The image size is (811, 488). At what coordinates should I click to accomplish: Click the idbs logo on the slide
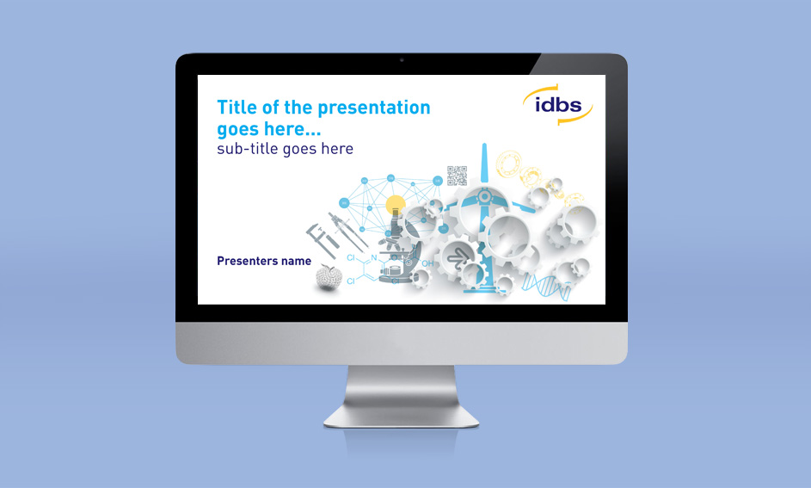pos(557,104)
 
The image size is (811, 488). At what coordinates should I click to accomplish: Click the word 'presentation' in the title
pos(374,108)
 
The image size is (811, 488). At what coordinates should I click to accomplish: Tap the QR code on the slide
pos(458,176)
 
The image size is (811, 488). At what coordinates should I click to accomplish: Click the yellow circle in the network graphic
pos(396,205)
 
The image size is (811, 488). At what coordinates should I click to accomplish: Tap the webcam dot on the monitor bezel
pos(402,60)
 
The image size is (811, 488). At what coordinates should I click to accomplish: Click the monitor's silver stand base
pos(402,415)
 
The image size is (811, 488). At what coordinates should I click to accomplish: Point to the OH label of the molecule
pos(427,263)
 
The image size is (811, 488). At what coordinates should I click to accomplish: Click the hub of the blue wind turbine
pos(484,196)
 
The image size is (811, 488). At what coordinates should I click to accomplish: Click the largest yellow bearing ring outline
pos(509,164)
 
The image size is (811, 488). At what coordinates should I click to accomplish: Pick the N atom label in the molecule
pos(374,257)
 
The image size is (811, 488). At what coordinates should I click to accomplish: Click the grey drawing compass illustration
pos(347,229)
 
